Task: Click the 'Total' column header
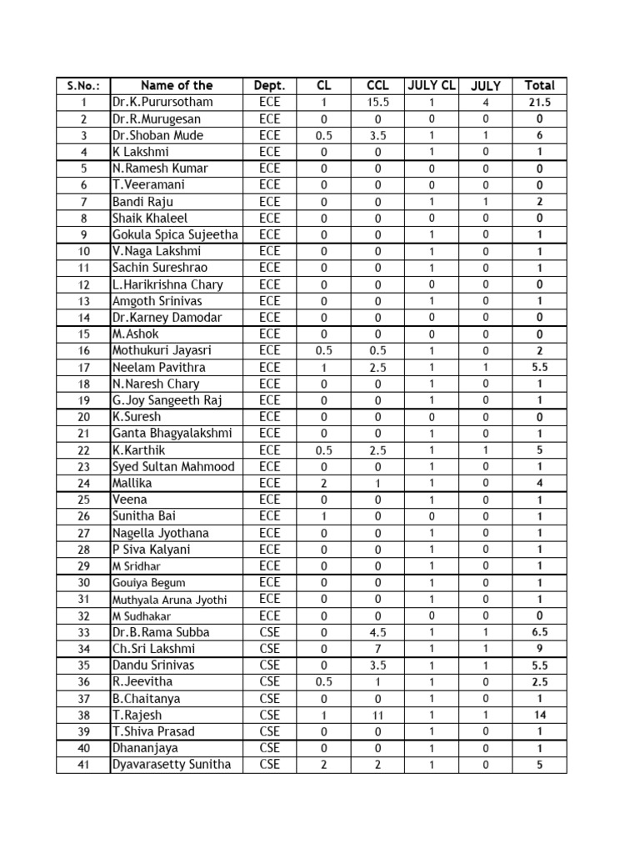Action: coord(539,85)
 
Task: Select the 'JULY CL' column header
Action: coord(431,85)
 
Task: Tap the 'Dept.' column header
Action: coord(269,85)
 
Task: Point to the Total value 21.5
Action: coord(539,103)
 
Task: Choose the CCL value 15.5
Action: coord(377,103)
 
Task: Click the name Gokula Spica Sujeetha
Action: coord(175,234)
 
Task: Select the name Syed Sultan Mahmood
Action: coord(173,466)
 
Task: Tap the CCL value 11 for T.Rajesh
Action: coord(377,716)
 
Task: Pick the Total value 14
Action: coord(539,716)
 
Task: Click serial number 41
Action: coord(83,765)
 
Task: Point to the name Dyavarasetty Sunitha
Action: coord(172,765)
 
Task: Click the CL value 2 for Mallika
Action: coord(323,483)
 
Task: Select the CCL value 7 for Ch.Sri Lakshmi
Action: coord(377,649)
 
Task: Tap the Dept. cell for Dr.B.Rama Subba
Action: coord(269,632)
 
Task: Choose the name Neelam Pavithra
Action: coord(159,367)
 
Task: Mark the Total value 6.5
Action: coord(539,632)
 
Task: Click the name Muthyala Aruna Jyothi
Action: coord(169,600)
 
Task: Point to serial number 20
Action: coord(83,417)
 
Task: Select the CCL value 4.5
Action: coord(377,632)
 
